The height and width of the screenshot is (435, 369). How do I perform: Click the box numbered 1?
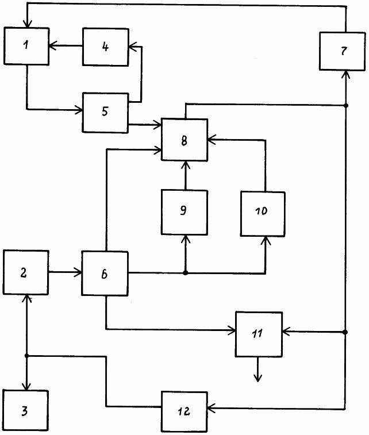click(x=26, y=47)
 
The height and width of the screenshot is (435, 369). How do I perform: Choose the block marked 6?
click(x=105, y=274)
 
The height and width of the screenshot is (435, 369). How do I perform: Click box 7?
click(x=344, y=51)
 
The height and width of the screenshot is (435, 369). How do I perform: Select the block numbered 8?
click(x=184, y=140)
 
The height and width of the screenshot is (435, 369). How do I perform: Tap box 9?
click(x=184, y=211)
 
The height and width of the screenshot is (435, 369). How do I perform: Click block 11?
click(x=259, y=334)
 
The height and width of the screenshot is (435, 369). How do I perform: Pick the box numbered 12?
click(x=184, y=411)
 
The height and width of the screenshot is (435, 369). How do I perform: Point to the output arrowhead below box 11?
click(x=258, y=377)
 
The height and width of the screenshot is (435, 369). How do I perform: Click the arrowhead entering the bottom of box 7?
click(x=346, y=74)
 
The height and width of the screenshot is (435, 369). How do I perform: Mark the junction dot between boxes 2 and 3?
click(x=26, y=356)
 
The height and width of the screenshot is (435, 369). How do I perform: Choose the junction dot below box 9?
click(x=184, y=272)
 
